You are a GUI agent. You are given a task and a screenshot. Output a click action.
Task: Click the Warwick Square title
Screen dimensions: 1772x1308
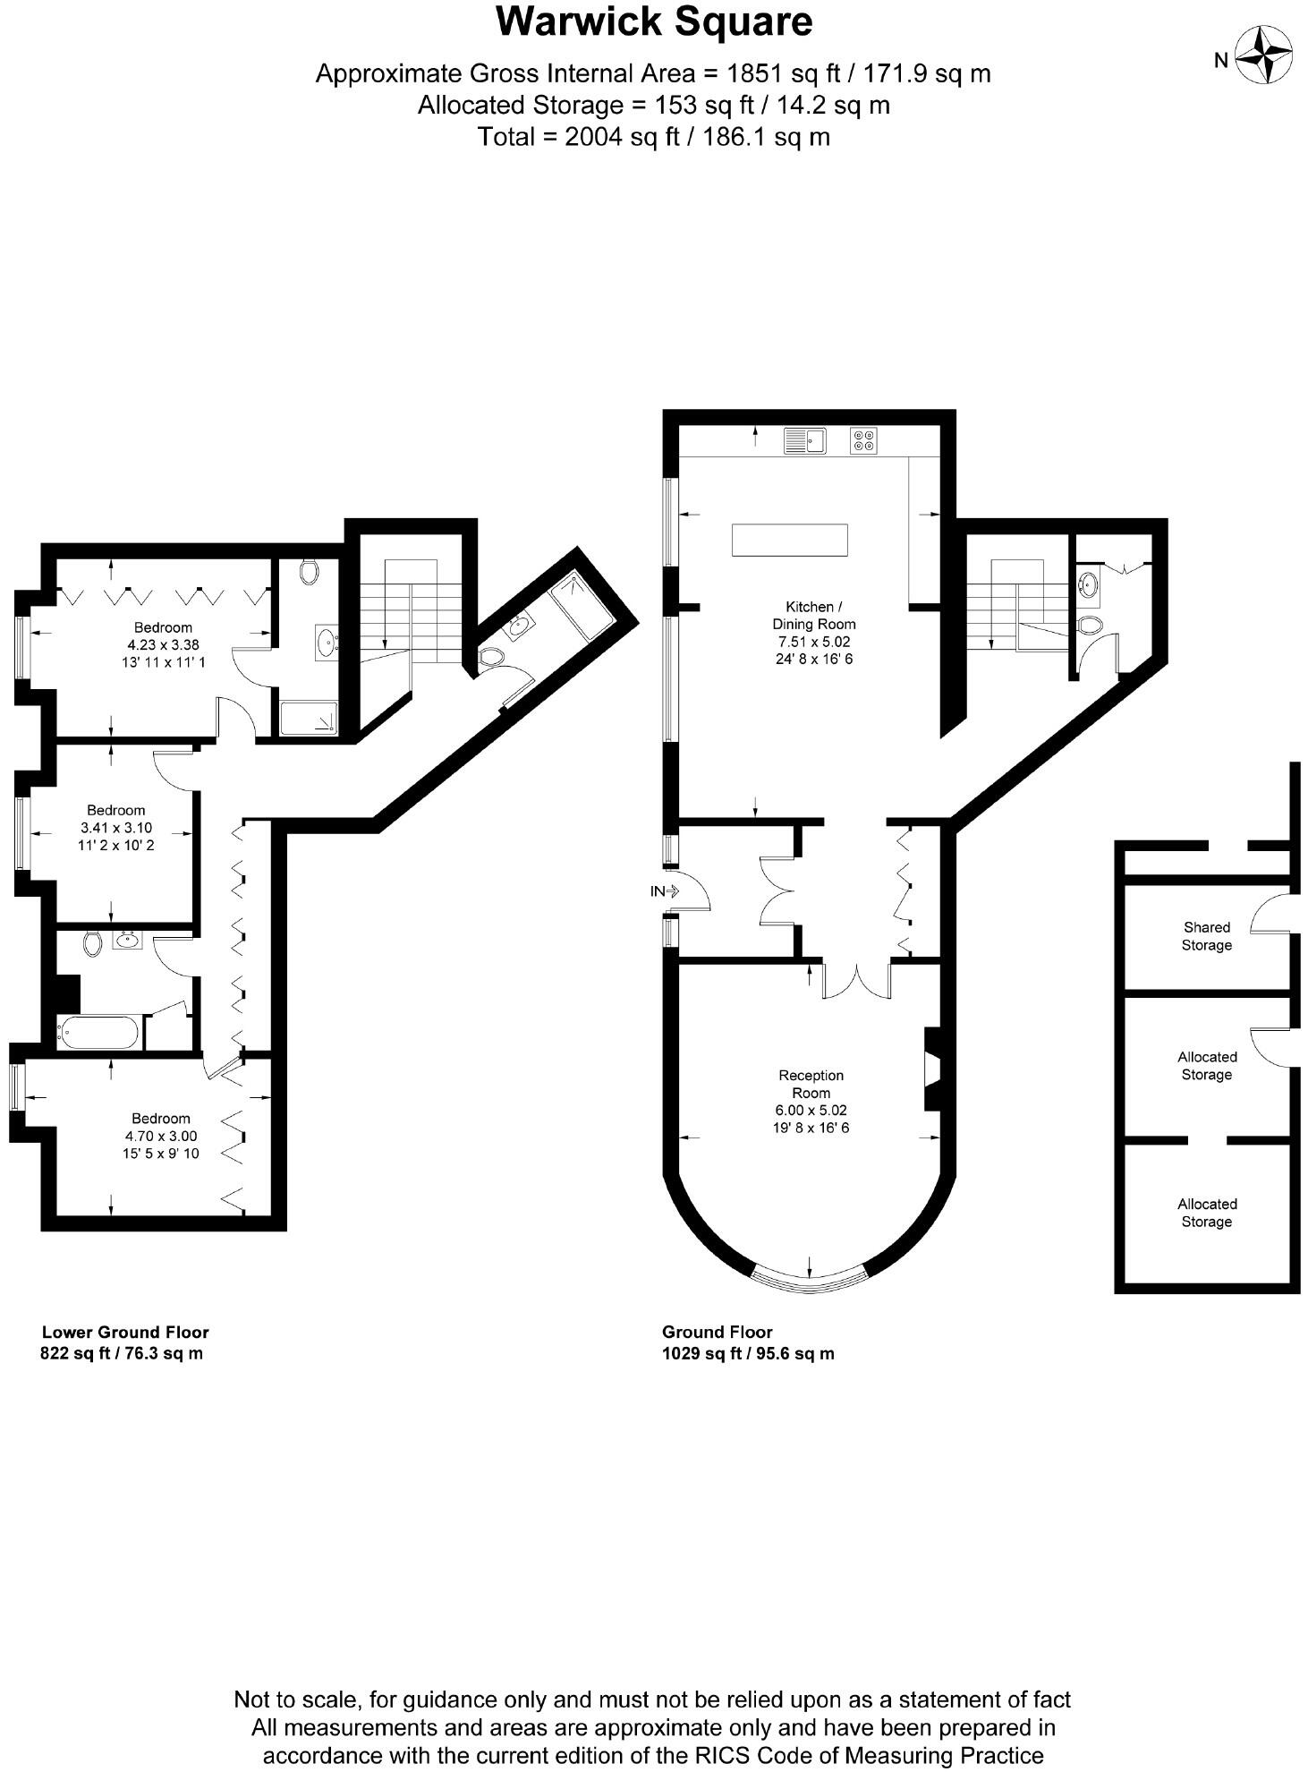tap(654, 22)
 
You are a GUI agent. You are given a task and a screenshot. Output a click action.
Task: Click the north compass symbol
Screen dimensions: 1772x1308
tap(1263, 56)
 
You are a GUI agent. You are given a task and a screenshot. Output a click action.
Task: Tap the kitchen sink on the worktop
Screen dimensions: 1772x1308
tap(804, 440)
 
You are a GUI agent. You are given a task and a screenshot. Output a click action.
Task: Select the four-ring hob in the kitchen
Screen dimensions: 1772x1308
tap(863, 440)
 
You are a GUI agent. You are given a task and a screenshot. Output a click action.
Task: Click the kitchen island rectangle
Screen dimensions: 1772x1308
tap(789, 541)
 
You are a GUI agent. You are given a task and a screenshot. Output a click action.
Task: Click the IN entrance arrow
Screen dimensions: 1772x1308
tap(667, 891)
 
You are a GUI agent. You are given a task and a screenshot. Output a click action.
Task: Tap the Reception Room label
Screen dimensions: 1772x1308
tap(811, 1084)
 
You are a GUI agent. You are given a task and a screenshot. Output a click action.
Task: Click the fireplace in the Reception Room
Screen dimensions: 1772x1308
tap(932, 1069)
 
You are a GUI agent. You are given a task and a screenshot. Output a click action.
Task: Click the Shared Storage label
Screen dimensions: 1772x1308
tap(1206, 936)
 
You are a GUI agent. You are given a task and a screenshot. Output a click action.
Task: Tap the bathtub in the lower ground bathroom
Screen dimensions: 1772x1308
tap(99, 1033)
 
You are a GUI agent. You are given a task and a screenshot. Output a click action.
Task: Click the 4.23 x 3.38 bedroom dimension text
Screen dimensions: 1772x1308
tap(163, 644)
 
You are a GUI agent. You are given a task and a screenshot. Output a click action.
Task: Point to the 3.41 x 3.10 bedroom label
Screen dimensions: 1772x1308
tap(116, 827)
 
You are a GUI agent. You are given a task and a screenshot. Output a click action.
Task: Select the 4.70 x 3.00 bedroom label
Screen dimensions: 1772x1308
tap(161, 1136)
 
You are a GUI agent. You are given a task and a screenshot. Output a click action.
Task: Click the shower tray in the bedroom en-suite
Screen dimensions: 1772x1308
tap(310, 719)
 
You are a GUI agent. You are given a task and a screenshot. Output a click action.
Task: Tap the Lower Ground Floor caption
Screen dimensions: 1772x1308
tap(125, 1332)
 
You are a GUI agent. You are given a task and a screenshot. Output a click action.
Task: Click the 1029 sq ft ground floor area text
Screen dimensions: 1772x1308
tap(748, 1353)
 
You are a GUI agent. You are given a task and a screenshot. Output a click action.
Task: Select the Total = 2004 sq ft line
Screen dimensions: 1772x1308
tap(653, 137)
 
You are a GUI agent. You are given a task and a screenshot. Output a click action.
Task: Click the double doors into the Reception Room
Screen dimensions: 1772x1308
tap(857, 981)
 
